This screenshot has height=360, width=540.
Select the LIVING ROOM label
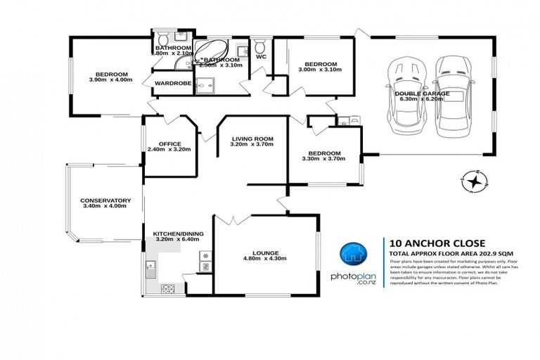point(252,139)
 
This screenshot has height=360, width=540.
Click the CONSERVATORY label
point(105,199)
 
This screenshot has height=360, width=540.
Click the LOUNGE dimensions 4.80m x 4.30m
point(267,260)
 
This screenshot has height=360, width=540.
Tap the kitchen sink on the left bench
point(151,266)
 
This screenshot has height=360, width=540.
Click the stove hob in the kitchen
point(169,288)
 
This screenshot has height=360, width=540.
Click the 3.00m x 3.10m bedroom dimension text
point(319,70)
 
